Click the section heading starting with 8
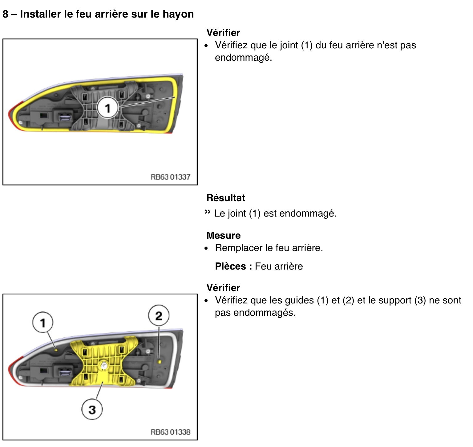(98, 14)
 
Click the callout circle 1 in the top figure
(107, 108)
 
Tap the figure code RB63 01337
(170, 177)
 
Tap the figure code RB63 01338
(170, 432)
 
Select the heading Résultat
(226, 198)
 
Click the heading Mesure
(224, 235)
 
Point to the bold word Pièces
(231, 266)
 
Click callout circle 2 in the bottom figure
(159, 315)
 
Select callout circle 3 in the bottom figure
(92, 409)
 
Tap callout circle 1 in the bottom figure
(43, 323)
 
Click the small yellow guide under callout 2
(159, 361)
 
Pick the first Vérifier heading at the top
(223, 33)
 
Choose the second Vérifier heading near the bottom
(223, 288)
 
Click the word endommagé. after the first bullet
(243, 58)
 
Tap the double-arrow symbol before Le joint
(208, 212)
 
